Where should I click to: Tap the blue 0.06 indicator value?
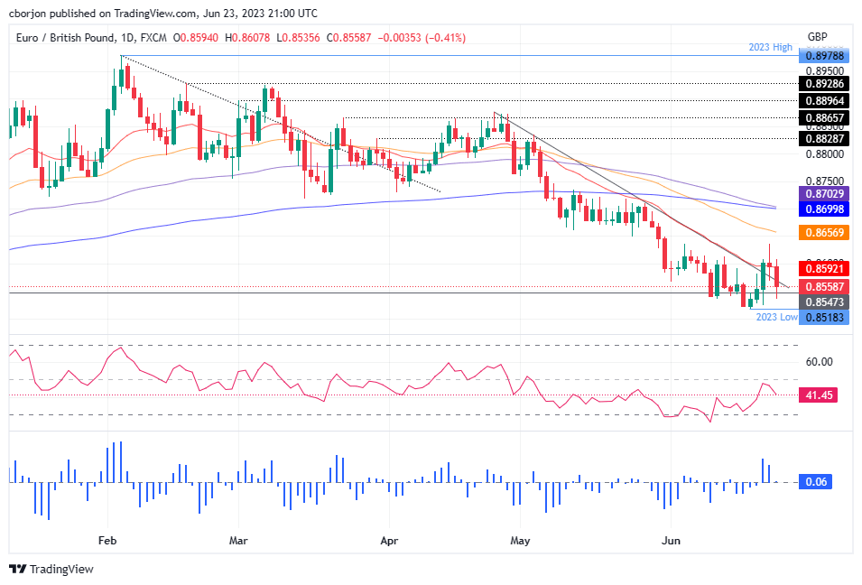point(816,482)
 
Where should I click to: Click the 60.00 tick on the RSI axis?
point(819,362)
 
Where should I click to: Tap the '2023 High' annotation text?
point(770,46)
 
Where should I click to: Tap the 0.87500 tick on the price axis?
point(820,181)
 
